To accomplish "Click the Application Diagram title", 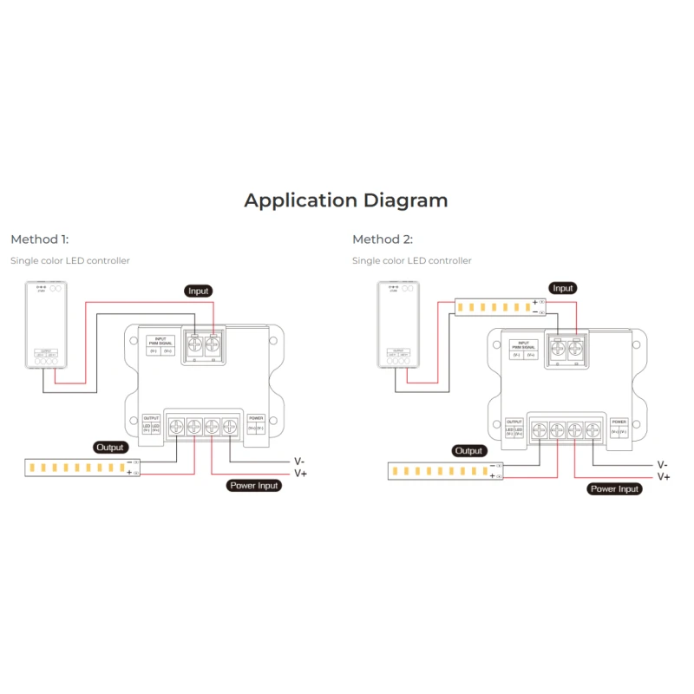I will tap(346, 200).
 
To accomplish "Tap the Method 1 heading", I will tap(40, 239).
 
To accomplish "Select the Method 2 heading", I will tap(383, 239).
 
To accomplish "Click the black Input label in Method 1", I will tap(199, 291).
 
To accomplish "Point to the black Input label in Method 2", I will tap(563, 288).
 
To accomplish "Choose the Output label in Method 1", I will tap(110, 447).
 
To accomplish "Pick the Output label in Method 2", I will tap(468, 451).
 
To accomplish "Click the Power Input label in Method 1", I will tap(254, 486).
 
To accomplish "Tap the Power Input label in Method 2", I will tap(614, 489).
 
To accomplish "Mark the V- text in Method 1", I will tap(299, 462).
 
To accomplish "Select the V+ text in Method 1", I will tap(300, 474).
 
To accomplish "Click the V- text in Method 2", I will tap(662, 465).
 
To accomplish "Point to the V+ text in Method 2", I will tap(663, 477).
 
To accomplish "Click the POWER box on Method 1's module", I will tap(255, 424).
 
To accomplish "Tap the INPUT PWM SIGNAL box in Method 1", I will tap(160, 345).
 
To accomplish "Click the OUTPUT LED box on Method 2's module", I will tap(514, 428).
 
